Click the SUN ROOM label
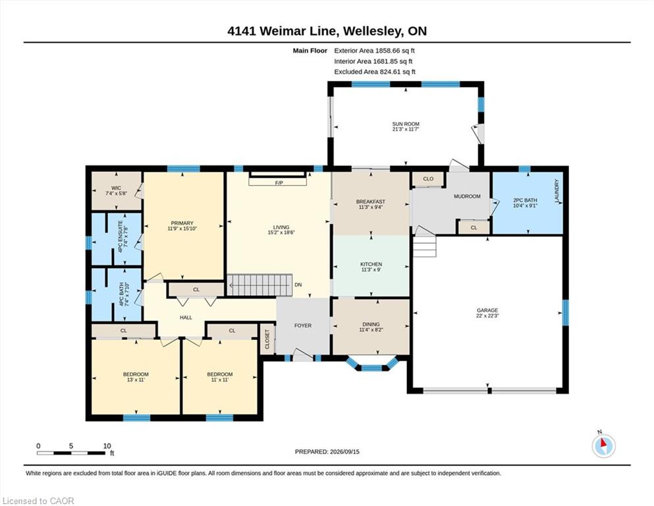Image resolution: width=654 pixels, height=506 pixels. [406, 124]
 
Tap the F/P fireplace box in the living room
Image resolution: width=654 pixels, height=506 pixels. [278, 181]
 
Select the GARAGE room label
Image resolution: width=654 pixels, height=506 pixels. [487, 310]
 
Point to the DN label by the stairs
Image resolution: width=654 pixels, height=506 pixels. [298, 285]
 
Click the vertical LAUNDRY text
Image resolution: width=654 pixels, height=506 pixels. [557, 191]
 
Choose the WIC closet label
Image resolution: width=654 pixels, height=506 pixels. [116, 188]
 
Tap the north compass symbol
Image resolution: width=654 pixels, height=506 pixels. [603, 446]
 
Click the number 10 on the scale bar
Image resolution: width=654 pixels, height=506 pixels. [107, 445]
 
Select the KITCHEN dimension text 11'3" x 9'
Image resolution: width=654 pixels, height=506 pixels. [371, 269]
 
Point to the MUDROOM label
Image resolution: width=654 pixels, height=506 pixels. [467, 196]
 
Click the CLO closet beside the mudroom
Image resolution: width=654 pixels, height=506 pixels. [428, 179]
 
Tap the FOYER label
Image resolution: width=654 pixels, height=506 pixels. [303, 325]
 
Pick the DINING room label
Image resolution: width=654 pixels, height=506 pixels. [371, 324]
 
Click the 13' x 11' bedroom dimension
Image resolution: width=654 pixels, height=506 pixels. [136, 379]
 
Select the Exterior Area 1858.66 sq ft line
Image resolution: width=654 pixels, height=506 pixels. [374, 51]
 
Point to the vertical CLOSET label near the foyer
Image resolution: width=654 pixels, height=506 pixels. [267, 339]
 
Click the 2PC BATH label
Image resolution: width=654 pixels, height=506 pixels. [525, 200]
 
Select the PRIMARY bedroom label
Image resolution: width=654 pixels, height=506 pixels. [182, 223]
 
